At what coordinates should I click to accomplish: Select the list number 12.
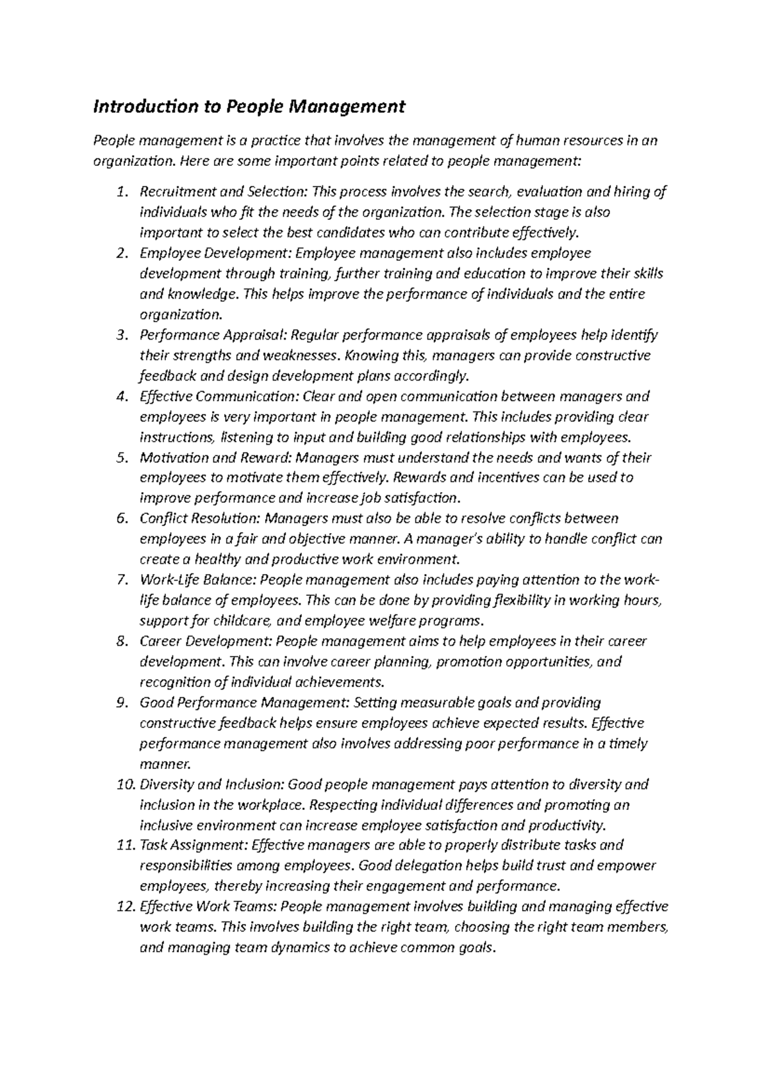pos(126,907)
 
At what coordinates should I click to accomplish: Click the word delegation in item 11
pos(429,866)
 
